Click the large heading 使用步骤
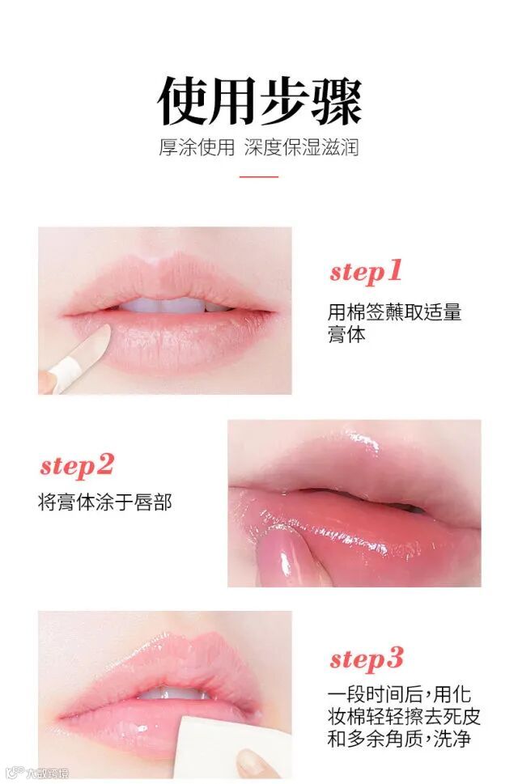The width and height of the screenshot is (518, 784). click(x=259, y=101)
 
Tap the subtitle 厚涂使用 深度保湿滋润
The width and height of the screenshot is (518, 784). click(x=259, y=147)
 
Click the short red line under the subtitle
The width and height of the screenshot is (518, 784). click(x=258, y=176)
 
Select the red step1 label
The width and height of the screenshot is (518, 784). click(x=366, y=273)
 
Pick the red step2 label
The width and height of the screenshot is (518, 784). click(x=77, y=466)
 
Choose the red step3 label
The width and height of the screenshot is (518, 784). click(x=366, y=659)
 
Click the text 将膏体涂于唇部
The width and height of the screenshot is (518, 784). click(x=105, y=502)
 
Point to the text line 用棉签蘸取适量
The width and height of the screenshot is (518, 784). click(x=394, y=312)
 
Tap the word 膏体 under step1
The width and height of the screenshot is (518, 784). click(x=346, y=334)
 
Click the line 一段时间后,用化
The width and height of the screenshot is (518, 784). click(x=399, y=695)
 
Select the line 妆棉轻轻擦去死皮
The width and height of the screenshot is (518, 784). click(x=404, y=717)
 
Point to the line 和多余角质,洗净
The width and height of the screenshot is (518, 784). click(x=399, y=739)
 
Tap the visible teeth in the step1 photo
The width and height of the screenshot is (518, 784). click(x=168, y=305)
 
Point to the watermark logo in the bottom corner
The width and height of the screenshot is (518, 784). click(x=39, y=773)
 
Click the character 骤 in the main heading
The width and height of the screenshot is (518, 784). click(x=337, y=101)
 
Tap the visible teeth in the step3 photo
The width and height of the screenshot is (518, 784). click(x=172, y=693)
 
